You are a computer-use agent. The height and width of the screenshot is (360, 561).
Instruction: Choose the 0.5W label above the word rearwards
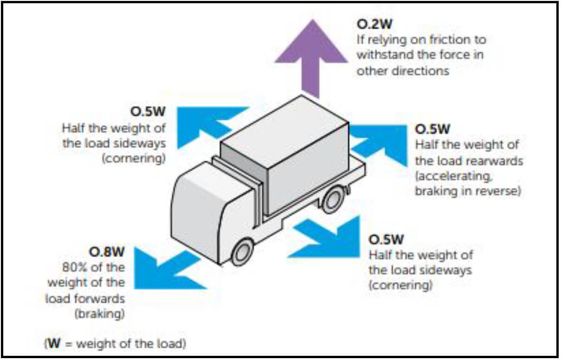click(432, 129)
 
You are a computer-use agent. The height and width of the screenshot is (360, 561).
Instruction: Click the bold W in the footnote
click(54, 344)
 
